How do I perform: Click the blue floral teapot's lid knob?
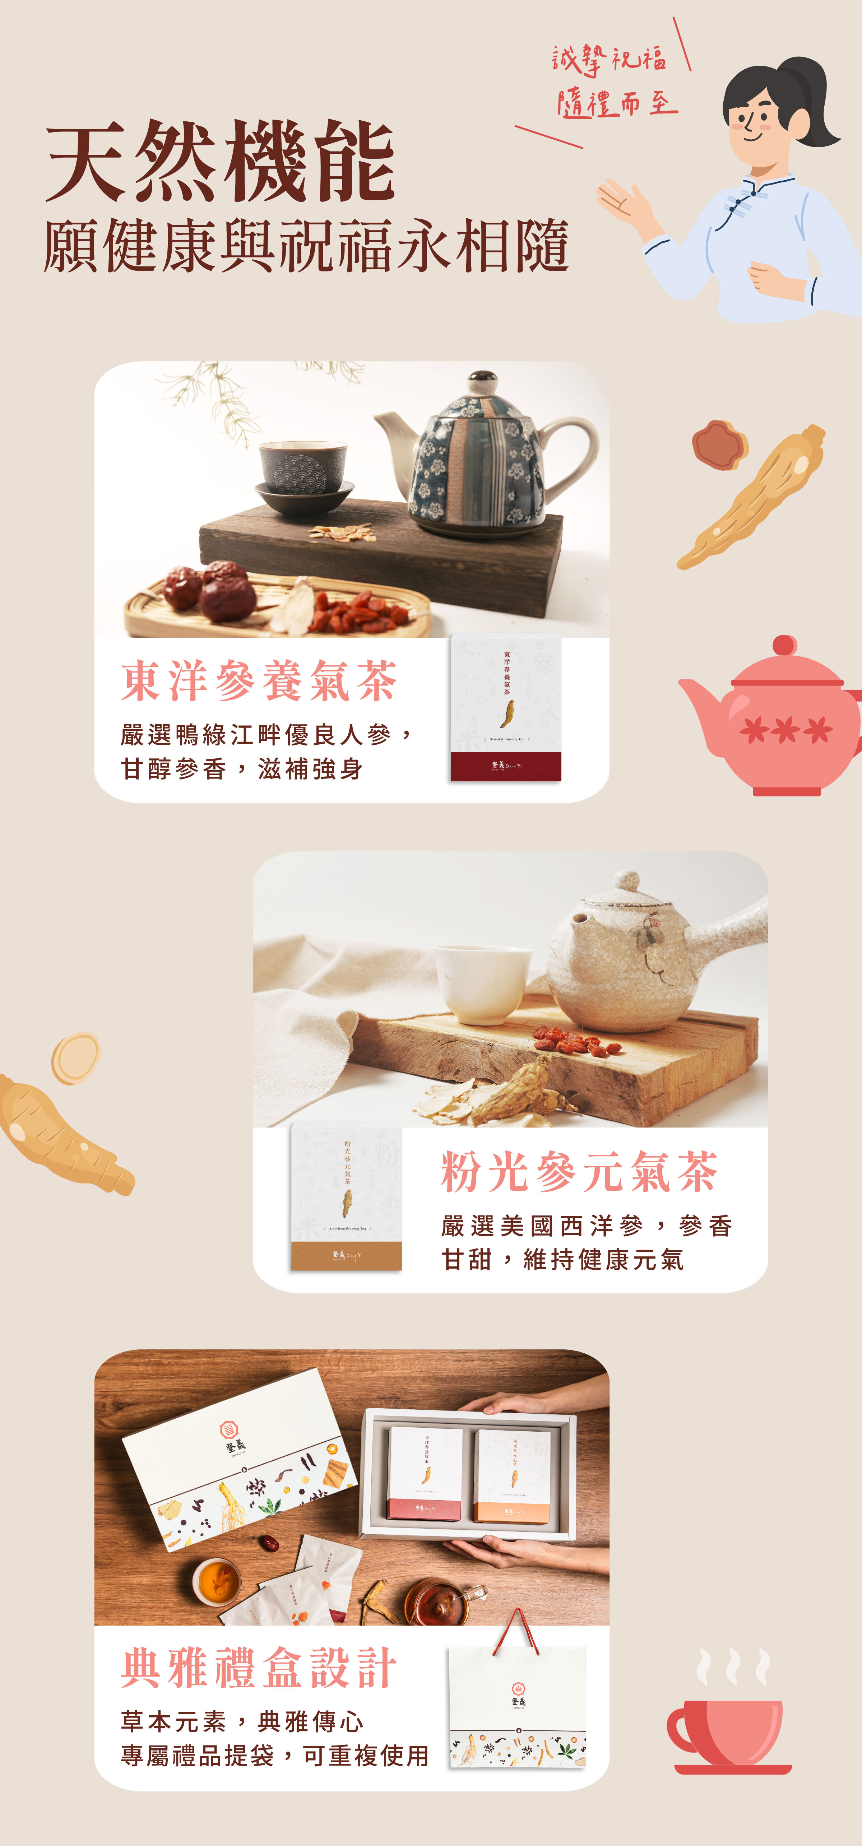tap(484, 378)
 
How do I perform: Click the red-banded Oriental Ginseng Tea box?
tap(506, 708)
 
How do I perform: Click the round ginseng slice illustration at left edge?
tap(75, 1058)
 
